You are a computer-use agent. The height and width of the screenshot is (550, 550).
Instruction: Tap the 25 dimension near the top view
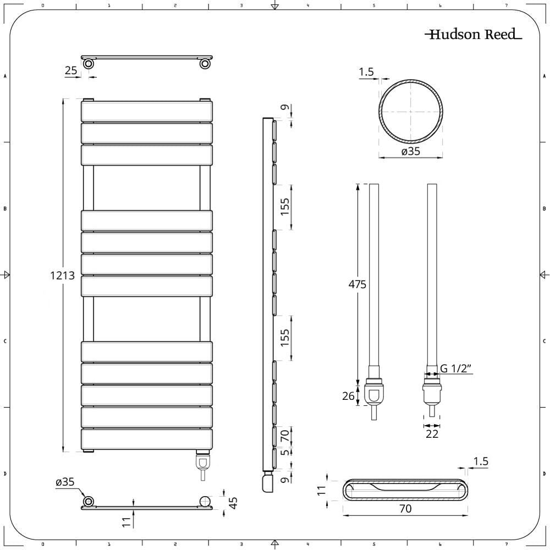pyautogui.click(x=71, y=70)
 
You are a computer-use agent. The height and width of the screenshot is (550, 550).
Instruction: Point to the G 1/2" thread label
pyautogui.click(x=457, y=369)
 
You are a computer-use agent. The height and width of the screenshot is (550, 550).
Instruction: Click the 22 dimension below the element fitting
pyautogui.click(x=432, y=434)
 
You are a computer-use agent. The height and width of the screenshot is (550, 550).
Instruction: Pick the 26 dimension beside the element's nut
pyautogui.click(x=348, y=395)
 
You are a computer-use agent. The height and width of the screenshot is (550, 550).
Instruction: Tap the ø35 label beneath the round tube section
pyautogui.click(x=410, y=151)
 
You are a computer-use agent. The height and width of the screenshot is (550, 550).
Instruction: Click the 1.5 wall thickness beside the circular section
pyautogui.click(x=366, y=71)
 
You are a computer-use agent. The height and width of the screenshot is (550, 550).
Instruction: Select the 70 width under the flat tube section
pyautogui.click(x=405, y=509)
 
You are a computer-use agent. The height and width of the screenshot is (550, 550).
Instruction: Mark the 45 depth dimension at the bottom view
pyautogui.click(x=233, y=503)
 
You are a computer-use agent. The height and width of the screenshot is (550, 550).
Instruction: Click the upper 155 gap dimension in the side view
pyautogui.click(x=284, y=206)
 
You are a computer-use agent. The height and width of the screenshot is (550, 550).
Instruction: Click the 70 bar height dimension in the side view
pyautogui.click(x=284, y=437)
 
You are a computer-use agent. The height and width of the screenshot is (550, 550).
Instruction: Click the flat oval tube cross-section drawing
pyautogui.click(x=405, y=490)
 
